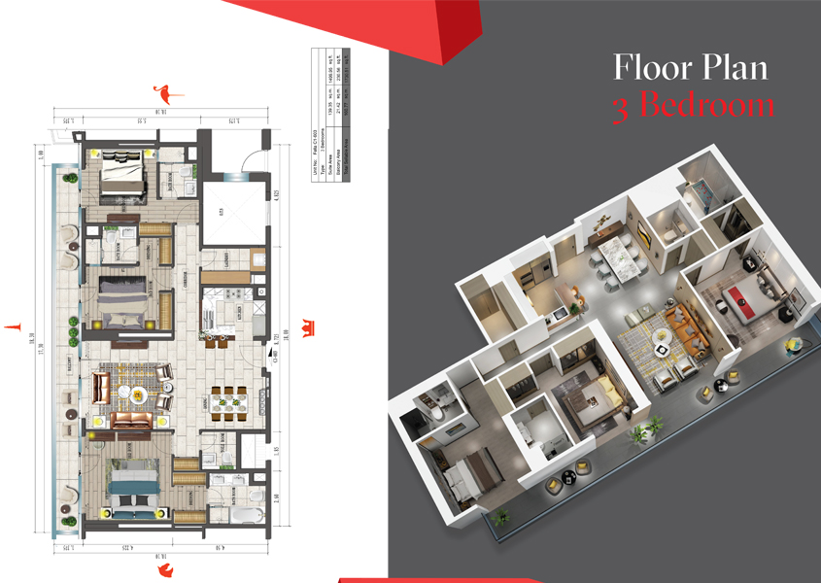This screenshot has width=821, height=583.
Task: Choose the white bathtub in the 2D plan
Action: tap(247, 512)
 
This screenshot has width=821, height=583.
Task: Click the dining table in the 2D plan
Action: tap(230, 399)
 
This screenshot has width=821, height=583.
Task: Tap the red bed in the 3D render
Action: tap(746, 298)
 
